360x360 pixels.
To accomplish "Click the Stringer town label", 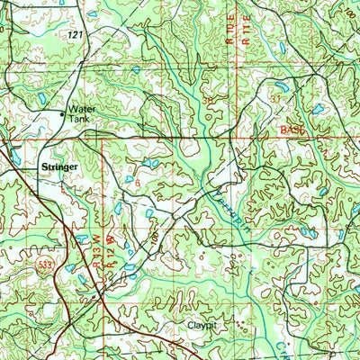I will point(58,166).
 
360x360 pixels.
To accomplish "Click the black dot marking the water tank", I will point(63,114).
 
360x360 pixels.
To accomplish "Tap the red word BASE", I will point(292,130).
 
